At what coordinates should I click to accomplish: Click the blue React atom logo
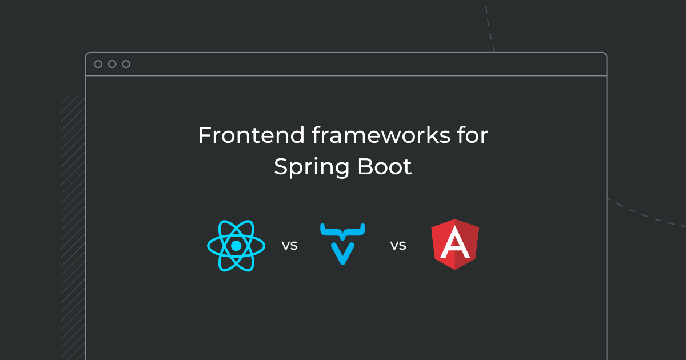point(236,245)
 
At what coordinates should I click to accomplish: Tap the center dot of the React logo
point(236,246)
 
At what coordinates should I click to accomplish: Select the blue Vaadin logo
point(342,244)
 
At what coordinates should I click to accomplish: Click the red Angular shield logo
point(455,244)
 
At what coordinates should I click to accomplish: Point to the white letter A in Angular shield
point(455,245)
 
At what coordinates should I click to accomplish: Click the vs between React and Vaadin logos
point(289,246)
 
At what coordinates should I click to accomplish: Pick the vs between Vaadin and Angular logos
point(398,246)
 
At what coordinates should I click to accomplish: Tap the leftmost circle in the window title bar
point(98,64)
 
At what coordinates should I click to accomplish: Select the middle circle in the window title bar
point(112,64)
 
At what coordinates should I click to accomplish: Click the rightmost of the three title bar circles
point(126,64)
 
